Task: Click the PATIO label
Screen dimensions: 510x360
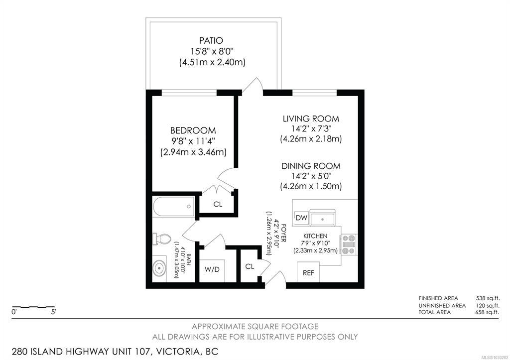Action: click(211, 41)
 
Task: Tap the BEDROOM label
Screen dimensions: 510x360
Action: click(193, 130)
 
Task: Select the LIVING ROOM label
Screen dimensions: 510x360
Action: click(311, 119)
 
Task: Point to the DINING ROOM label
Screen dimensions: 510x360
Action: click(311, 166)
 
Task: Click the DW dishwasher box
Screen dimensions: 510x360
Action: click(301, 218)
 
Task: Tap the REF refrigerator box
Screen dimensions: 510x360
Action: click(308, 272)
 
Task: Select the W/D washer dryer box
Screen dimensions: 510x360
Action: click(212, 270)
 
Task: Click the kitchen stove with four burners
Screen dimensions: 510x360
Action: click(348, 244)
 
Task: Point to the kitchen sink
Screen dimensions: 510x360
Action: click(322, 219)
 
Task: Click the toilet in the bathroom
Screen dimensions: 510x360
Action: click(162, 239)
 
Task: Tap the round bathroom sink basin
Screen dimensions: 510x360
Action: click(159, 268)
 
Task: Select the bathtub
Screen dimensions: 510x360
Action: click(174, 207)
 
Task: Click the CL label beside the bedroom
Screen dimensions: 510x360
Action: click(218, 204)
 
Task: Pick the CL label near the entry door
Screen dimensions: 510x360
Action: click(250, 267)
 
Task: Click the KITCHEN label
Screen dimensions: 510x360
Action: click(315, 236)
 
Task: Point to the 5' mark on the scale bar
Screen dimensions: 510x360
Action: click(53, 312)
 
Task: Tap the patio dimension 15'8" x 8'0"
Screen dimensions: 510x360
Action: click(212, 51)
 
